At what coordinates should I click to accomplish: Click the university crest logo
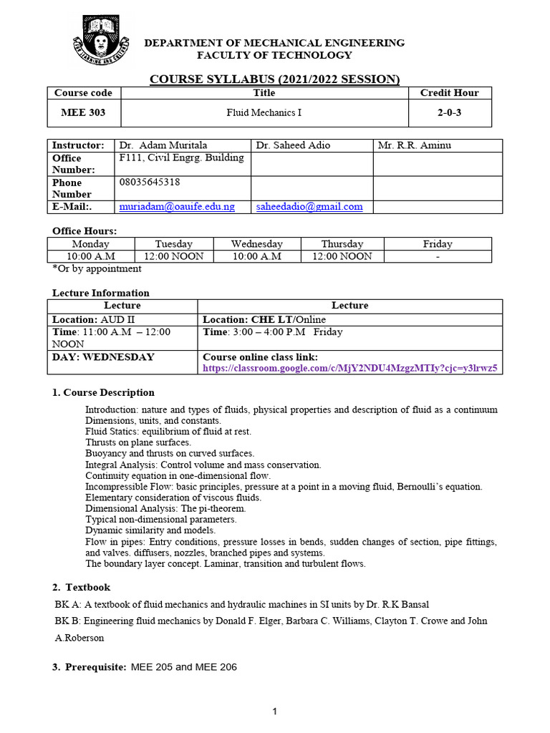pyautogui.click(x=96, y=46)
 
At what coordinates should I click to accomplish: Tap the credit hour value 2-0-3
pyautogui.click(x=449, y=112)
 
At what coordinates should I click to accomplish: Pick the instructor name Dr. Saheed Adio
pyautogui.click(x=293, y=145)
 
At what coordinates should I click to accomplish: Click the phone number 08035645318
pyautogui.click(x=150, y=183)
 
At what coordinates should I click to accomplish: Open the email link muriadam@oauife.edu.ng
pyautogui.click(x=177, y=207)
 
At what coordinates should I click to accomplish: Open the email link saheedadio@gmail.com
pyautogui.click(x=309, y=207)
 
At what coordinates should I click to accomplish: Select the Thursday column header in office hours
pyautogui.click(x=342, y=244)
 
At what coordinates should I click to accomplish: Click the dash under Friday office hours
pyautogui.click(x=438, y=256)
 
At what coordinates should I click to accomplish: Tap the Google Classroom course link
pyautogui.click(x=350, y=369)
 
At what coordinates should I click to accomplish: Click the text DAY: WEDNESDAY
pyautogui.click(x=104, y=357)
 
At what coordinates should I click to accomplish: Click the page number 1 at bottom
pyautogui.click(x=274, y=712)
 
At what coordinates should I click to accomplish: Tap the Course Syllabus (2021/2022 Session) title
pyautogui.click(x=274, y=79)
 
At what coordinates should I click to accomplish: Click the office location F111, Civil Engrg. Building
pyautogui.click(x=181, y=158)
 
